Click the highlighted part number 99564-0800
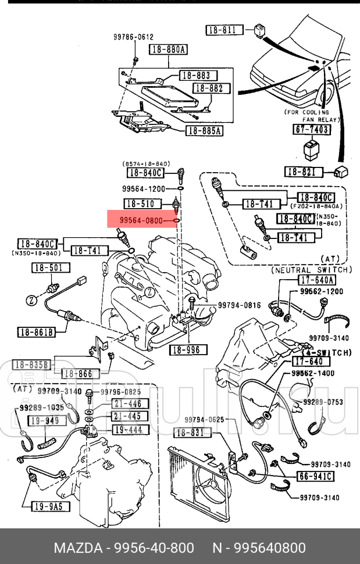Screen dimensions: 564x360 140,220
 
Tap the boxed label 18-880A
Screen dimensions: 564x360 168,50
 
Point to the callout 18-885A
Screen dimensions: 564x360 204,131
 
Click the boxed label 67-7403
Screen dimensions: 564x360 311,129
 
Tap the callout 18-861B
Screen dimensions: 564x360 36,333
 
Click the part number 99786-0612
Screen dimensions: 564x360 133,37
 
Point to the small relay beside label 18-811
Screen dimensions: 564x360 256,29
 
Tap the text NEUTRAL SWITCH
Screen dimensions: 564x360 311,270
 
